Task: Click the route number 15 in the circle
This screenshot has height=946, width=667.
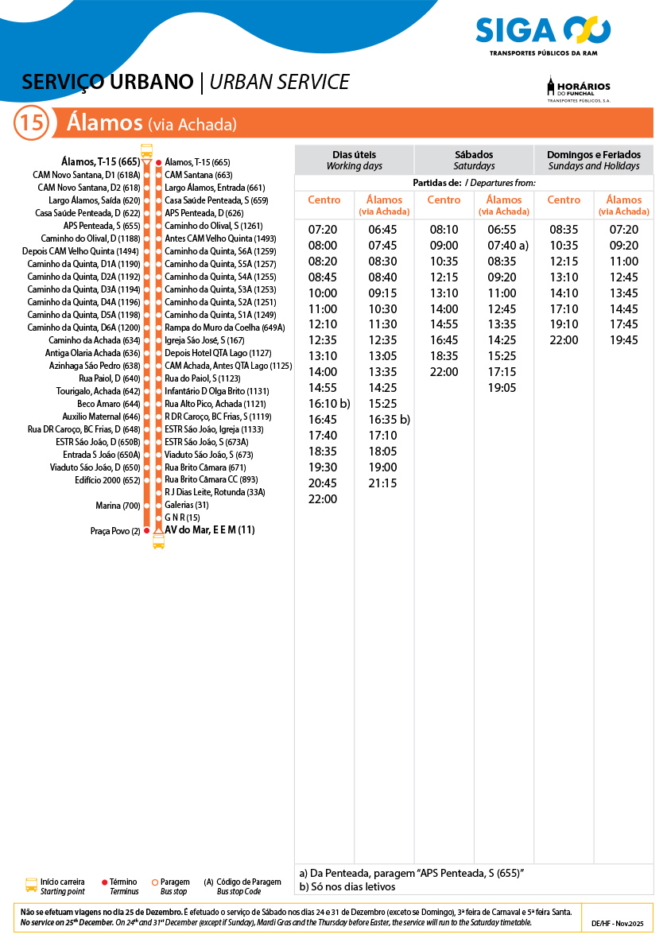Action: point(32,123)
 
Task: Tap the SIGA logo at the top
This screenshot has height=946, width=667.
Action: point(543,33)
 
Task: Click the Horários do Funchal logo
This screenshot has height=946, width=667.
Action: point(578,89)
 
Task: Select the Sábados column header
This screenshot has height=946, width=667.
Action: point(474,160)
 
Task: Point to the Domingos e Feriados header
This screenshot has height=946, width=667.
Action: point(593,160)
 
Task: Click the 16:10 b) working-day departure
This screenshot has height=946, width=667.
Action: point(329,404)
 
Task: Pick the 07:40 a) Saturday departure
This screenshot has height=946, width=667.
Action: point(507,246)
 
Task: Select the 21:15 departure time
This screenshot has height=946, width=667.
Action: point(382,483)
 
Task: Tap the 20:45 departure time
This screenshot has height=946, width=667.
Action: point(322,483)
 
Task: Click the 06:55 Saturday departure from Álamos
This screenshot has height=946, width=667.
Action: point(502,230)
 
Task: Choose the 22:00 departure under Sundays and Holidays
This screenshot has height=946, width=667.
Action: point(564,340)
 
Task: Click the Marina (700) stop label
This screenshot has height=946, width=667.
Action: point(118,506)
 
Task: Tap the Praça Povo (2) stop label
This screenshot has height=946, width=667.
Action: point(115,531)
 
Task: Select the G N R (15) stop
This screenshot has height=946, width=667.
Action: point(182,518)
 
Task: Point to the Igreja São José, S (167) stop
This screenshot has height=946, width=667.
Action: point(204,340)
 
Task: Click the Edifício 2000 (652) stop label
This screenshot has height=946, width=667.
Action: point(107,480)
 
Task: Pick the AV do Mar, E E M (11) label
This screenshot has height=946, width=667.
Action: point(210,530)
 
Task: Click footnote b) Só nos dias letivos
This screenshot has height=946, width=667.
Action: point(347,887)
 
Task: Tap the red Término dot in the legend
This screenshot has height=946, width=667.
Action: point(105,882)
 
